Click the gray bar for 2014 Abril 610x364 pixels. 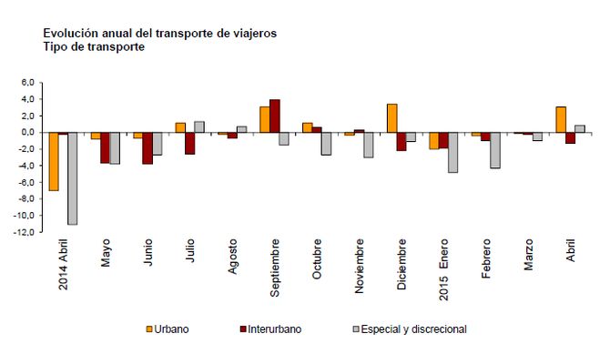72,178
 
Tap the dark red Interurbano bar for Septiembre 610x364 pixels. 275,116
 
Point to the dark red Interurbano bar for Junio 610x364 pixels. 147,148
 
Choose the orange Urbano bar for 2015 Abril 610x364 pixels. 561,119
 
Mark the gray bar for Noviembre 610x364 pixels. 369,145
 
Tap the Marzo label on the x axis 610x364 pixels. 529,258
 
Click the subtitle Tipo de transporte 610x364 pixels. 94,46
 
